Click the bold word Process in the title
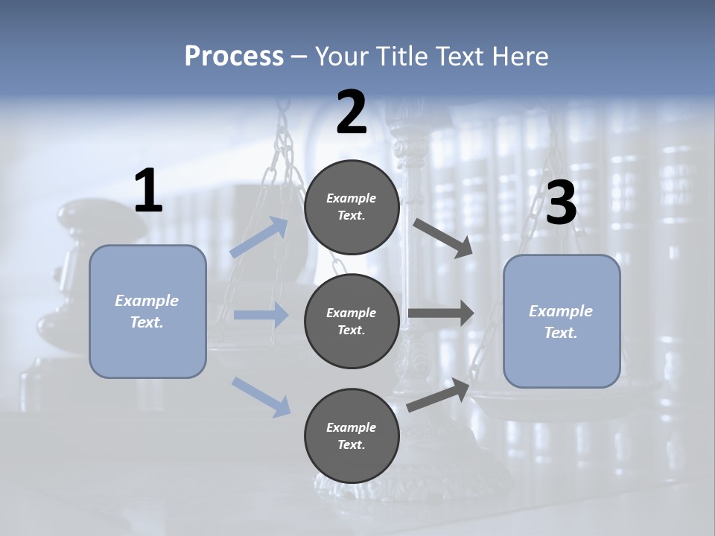234,57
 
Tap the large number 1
148,191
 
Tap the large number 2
352,112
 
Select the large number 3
561,203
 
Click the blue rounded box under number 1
147,311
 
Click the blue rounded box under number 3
562,321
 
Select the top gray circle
352,207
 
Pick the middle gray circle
352,321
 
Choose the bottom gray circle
352,435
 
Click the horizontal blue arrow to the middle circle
261,315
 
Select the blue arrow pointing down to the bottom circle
261,396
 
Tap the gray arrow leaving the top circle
442,237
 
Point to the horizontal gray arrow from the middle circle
441,313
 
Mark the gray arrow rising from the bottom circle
439,395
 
